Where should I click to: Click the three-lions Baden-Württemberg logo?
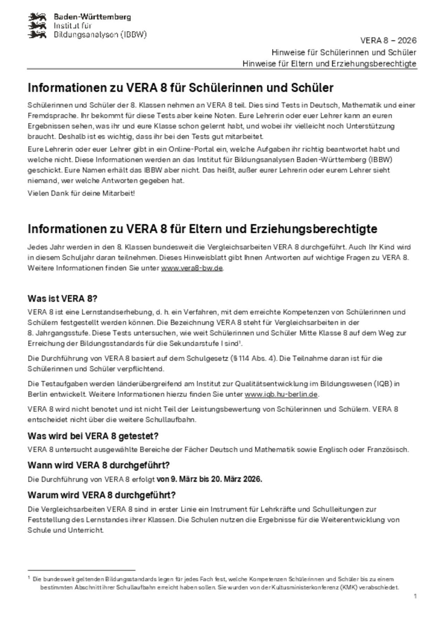(x=37, y=25)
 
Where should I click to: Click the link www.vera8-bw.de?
(x=192, y=268)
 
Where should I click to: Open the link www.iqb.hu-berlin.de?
(x=281, y=395)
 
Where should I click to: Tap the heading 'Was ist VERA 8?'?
(x=62, y=299)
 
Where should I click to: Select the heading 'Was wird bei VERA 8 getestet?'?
(x=93, y=436)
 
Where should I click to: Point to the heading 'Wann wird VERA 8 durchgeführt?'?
(x=99, y=465)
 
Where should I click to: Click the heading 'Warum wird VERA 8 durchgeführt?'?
(x=102, y=495)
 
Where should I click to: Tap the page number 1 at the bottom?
(x=415, y=596)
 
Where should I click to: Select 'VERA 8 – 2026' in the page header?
(x=388, y=41)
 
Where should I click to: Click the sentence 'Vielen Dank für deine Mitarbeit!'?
(x=81, y=193)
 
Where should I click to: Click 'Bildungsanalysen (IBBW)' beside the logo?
(x=100, y=35)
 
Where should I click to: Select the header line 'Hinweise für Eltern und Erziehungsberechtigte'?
(x=329, y=64)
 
